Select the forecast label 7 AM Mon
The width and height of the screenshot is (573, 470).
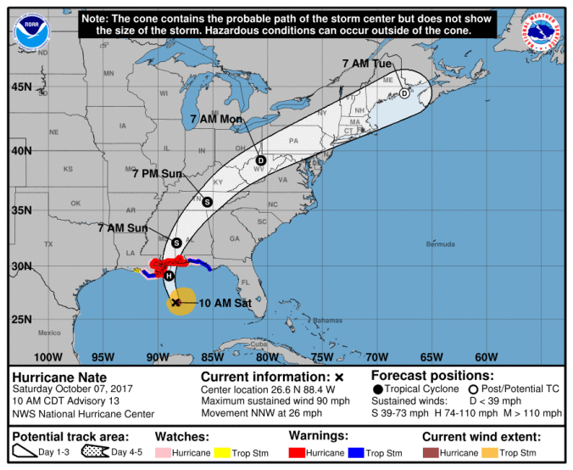tap(217, 119)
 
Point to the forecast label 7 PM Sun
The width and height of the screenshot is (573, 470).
tap(158, 173)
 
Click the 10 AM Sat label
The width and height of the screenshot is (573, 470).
tap(225, 302)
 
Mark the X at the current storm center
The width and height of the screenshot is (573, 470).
tap(176, 302)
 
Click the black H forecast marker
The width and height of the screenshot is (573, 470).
tap(169, 276)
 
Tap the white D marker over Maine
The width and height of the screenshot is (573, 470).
tap(404, 93)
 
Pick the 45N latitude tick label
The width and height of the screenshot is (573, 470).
tap(21, 87)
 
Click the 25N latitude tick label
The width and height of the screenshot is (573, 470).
tap(21, 319)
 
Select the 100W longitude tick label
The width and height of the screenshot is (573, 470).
tap(50, 356)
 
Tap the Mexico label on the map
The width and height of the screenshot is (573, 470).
tap(49, 333)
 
